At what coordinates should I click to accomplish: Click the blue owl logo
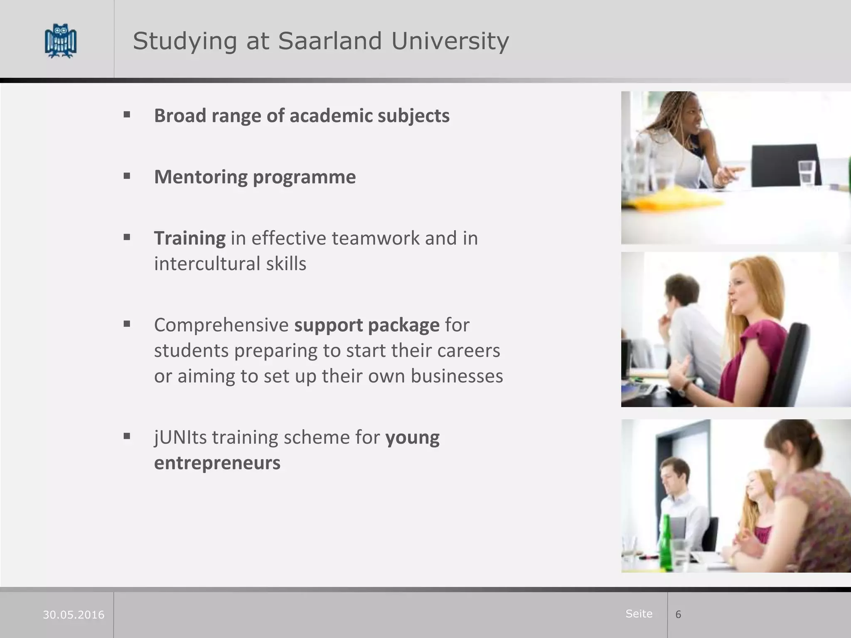click(x=61, y=41)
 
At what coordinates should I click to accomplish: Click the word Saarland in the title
click(x=330, y=41)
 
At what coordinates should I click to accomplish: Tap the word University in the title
click(x=450, y=41)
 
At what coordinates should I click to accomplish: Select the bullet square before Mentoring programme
click(x=127, y=176)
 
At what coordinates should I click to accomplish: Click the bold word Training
click(x=190, y=238)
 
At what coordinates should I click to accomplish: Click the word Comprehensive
click(x=221, y=325)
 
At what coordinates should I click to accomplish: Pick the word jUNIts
click(x=180, y=437)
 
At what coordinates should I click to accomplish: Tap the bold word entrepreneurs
click(x=217, y=463)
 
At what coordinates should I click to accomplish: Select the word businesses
click(x=457, y=376)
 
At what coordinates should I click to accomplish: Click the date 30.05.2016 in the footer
click(x=74, y=615)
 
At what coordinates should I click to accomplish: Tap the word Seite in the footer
click(x=639, y=613)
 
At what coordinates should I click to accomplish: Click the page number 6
click(x=678, y=614)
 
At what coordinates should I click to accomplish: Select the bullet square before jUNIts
click(x=127, y=436)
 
